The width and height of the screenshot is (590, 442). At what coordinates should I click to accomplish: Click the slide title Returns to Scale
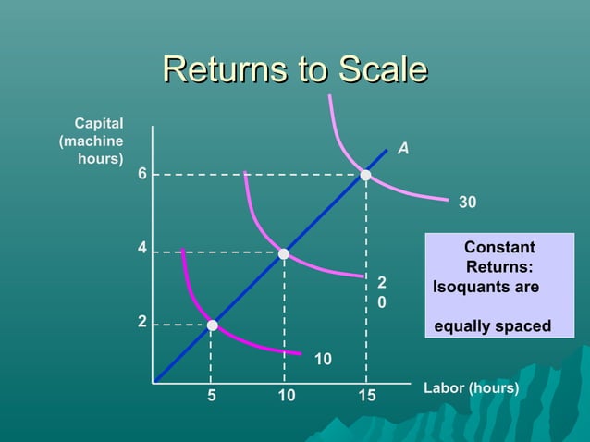click(x=294, y=71)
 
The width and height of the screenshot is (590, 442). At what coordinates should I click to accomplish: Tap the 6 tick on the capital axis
click(x=142, y=174)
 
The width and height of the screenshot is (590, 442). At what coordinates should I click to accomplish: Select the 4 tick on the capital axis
click(x=142, y=249)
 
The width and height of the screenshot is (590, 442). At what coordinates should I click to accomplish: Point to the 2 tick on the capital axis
click(x=142, y=322)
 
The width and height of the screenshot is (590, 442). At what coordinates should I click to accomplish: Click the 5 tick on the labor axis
click(x=211, y=397)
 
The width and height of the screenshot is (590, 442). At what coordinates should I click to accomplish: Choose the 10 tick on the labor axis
click(x=286, y=397)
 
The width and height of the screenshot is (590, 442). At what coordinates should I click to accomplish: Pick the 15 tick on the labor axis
click(x=366, y=397)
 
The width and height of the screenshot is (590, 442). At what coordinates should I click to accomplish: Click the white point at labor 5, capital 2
click(x=212, y=325)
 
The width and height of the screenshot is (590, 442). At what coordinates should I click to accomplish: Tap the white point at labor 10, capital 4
click(x=284, y=253)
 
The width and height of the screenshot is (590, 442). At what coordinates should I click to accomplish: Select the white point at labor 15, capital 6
click(x=366, y=175)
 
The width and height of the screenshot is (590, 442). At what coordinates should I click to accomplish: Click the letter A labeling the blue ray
click(x=403, y=149)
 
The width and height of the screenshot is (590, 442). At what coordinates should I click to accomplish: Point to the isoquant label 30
click(x=468, y=201)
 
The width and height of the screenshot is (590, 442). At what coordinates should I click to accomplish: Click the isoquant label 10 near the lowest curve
click(x=323, y=358)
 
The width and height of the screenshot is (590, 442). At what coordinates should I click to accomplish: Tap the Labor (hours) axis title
click(x=471, y=387)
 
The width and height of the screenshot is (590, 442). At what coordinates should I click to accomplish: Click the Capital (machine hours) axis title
click(x=92, y=141)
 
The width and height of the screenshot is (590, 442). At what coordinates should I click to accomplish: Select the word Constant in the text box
click(x=499, y=248)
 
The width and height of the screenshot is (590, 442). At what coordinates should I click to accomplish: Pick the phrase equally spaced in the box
click(x=492, y=326)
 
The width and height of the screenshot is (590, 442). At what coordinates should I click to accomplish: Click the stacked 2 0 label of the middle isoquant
click(x=381, y=291)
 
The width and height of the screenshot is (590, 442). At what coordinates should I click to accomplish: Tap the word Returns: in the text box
click(x=499, y=268)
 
